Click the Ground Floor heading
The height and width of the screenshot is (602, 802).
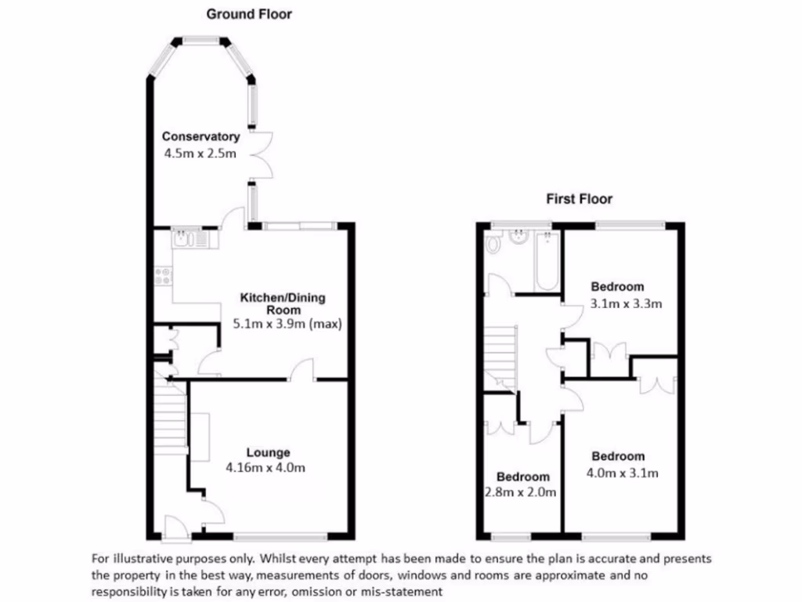248,13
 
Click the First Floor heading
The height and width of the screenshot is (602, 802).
579,199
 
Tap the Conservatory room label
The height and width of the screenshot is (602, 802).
200,137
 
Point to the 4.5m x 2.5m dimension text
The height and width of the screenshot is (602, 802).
200,154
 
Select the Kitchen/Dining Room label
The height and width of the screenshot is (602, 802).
282,303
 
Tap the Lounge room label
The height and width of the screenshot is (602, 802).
268,452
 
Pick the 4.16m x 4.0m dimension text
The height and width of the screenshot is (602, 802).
265,468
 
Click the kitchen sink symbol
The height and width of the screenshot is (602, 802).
189,237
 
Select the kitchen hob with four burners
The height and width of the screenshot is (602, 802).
164,274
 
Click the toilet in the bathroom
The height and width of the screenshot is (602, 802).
493,245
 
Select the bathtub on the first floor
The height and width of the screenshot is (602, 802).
544,261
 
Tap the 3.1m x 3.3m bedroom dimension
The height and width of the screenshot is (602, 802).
620,303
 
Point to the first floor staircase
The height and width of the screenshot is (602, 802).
500,357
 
